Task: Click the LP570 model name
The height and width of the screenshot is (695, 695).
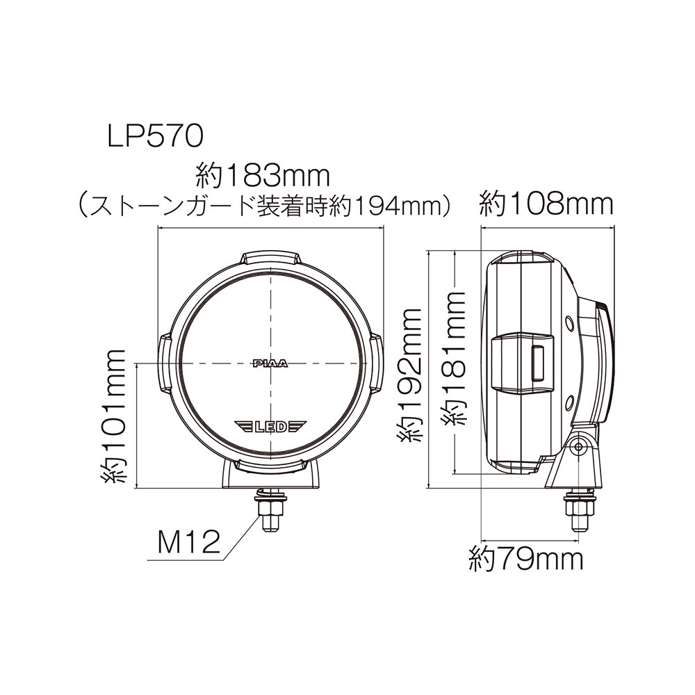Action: coord(154,135)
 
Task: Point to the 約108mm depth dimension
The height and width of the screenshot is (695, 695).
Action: coord(547,204)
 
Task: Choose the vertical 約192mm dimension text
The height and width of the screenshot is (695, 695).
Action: coord(410,375)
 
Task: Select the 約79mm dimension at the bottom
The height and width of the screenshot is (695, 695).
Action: coord(525,557)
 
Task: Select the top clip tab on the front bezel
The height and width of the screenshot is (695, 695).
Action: coord(271,258)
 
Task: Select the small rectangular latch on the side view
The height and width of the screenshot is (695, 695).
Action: coord(537,363)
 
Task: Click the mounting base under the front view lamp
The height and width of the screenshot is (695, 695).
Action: coord(271,476)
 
